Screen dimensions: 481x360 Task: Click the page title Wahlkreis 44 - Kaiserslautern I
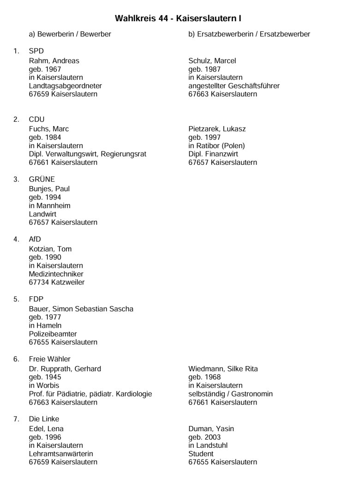pyautogui.click(x=178, y=18)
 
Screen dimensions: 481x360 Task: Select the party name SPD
pyautogui.click(x=36, y=51)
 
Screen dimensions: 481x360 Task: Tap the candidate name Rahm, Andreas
pyautogui.click(x=54, y=61)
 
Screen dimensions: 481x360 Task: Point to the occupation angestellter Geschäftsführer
pyautogui.click(x=234, y=86)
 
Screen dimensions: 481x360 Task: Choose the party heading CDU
pyautogui.click(x=36, y=120)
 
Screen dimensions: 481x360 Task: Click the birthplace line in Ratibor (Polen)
pyautogui.click(x=216, y=146)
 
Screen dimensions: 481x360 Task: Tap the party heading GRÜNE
pyautogui.click(x=42, y=180)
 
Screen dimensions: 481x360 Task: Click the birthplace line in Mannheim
pyautogui.click(x=49, y=206)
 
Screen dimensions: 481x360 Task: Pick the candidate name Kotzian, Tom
pyautogui.click(x=50, y=249)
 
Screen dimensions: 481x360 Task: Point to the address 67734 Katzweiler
pyautogui.click(x=57, y=283)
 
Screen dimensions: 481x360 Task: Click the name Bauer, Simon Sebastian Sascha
pyautogui.click(x=81, y=309)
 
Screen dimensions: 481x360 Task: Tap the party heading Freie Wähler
pyautogui.click(x=49, y=359)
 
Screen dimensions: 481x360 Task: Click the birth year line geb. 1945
pyautogui.click(x=45, y=378)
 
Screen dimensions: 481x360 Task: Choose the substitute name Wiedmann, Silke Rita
pyautogui.click(x=223, y=369)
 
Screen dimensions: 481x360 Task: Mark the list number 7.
pyautogui.click(x=16, y=419)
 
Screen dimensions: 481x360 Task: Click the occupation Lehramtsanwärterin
pyautogui.click(x=61, y=454)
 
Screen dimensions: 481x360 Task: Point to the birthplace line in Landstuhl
pyautogui.click(x=208, y=446)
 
